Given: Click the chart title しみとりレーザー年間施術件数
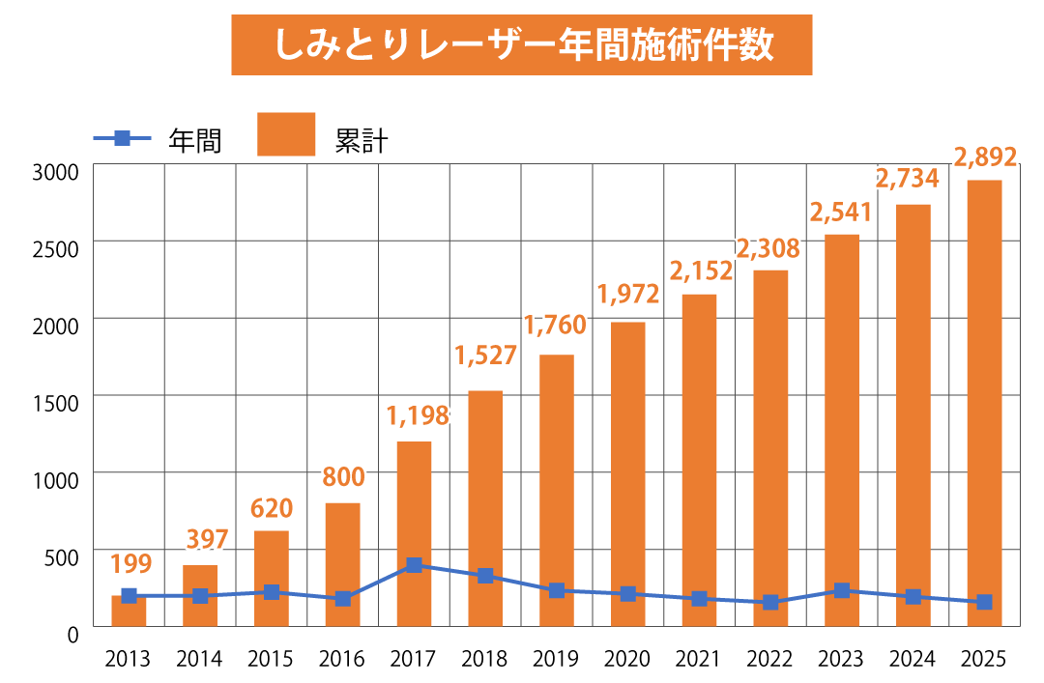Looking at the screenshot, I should tap(522, 44).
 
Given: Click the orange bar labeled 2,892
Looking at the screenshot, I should tap(984, 386).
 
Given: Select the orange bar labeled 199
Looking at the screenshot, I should tap(129, 613).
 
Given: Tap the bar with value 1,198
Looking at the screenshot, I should tap(414, 512).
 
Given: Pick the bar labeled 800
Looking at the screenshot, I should tap(342, 551).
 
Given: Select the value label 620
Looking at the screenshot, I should tap(272, 508).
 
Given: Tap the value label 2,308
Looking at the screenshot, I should tap(768, 249).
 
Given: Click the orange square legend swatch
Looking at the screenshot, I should tap(286, 134).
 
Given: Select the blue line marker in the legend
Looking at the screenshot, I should tap(122, 138).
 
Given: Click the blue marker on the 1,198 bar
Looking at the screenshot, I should tap(414, 565).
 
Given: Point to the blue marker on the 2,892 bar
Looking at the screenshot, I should tap(984, 602).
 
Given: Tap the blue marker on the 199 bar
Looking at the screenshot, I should tap(129, 595).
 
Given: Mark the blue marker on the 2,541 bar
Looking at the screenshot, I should tap(842, 590).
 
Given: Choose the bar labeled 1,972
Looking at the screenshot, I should tap(627, 464).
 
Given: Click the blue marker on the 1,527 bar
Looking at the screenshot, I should tap(485, 576).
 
